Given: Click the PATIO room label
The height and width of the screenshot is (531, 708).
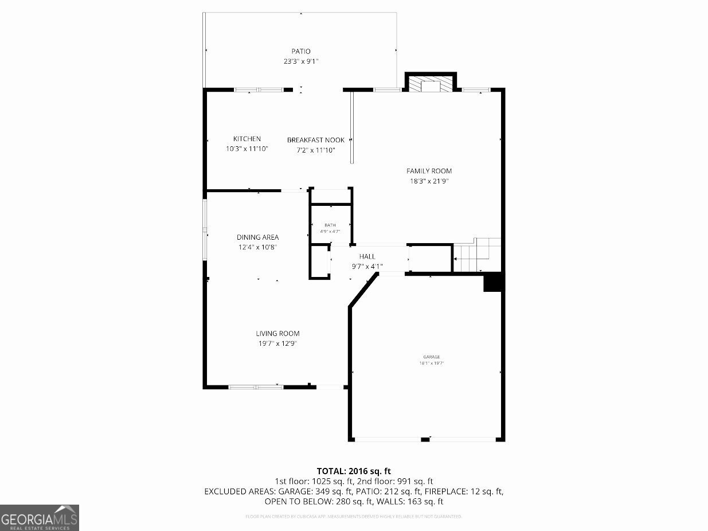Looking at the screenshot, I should coord(300,52).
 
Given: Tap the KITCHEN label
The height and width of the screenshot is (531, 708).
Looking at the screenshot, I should coord(247,139).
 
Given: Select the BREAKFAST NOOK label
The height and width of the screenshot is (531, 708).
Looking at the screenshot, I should coord(316,140).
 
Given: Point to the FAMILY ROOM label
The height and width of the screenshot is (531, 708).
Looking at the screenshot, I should coord(429,171).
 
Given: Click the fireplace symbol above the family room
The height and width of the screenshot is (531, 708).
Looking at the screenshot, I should coord(430,85).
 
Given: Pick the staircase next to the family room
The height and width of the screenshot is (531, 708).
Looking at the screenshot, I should coord(477,256).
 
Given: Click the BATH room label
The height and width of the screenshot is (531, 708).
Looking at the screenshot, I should coord(330,225).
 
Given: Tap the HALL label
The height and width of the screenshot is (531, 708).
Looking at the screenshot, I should coord(367,256).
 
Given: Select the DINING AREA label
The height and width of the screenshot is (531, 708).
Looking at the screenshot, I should coord(258,237).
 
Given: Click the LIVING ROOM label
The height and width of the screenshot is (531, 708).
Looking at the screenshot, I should coord(277,334).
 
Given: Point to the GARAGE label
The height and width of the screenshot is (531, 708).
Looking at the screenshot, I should coord(432,357).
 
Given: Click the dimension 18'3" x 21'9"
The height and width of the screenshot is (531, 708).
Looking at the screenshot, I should coord(429,181).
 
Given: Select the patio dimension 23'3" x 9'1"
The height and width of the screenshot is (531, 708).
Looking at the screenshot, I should coord(300,61).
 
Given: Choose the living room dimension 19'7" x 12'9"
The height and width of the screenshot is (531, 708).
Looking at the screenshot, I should coord(277,343).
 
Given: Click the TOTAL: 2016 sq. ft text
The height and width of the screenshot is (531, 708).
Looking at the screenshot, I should coord(354,471).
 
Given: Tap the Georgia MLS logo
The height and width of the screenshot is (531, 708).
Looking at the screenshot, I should coord(40,517).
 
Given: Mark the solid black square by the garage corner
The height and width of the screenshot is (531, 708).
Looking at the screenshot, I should coord(492,283).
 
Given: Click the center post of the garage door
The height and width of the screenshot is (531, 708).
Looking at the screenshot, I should coord(425,439).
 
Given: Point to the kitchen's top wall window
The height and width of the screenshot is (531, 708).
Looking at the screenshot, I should coord(259,89).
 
